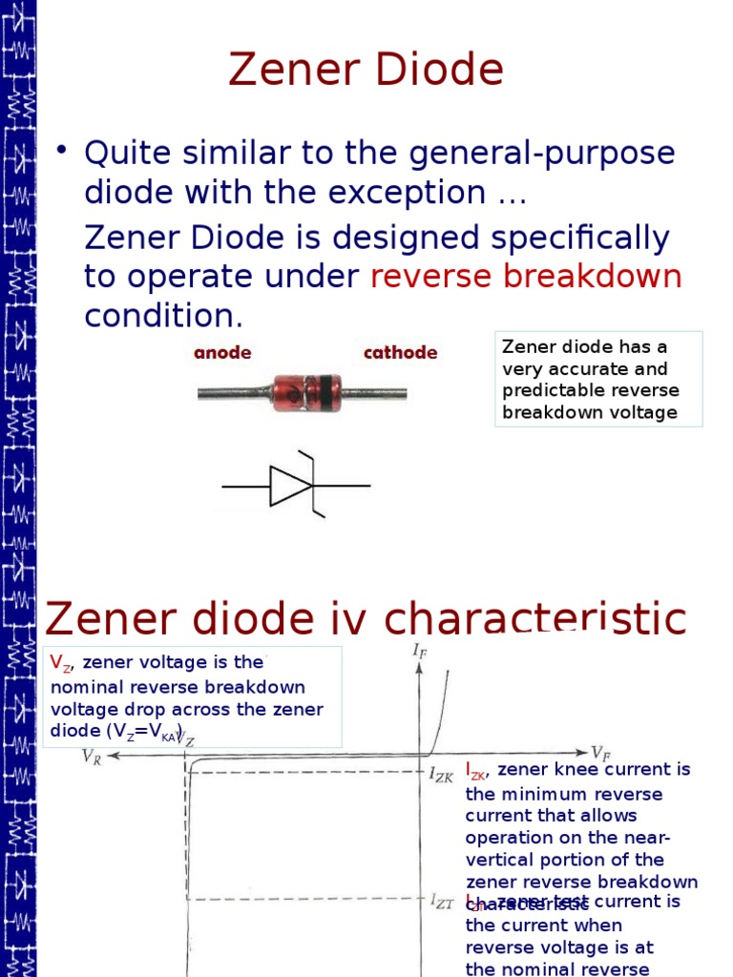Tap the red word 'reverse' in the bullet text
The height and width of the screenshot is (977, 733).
[x=429, y=277]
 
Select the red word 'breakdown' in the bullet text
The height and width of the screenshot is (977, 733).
[x=593, y=277]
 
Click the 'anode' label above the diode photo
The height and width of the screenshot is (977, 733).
[x=222, y=353]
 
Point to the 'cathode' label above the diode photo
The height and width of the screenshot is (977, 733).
[x=400, y=353]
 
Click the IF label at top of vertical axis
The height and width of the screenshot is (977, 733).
[x=419, y=651]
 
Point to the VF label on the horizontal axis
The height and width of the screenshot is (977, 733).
[x=602, y=753]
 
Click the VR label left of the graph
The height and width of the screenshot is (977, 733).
[x=93, y=757]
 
